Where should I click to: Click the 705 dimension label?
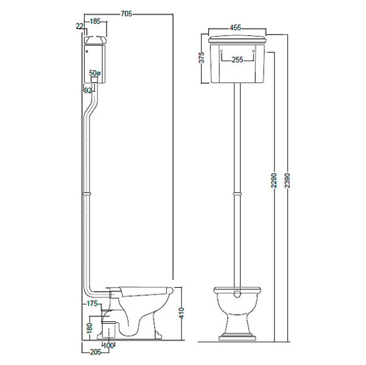point(126,14)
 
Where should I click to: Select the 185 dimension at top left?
point(95,21)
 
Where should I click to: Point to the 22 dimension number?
point(79,26)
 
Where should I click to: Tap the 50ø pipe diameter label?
point(95,73)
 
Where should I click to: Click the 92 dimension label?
point(88,91)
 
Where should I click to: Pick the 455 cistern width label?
point(235,27)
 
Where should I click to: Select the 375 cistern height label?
point(201,57)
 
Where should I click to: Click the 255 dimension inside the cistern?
point(238,60)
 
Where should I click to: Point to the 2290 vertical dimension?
point(274,180)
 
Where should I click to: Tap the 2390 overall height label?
point(287,180)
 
